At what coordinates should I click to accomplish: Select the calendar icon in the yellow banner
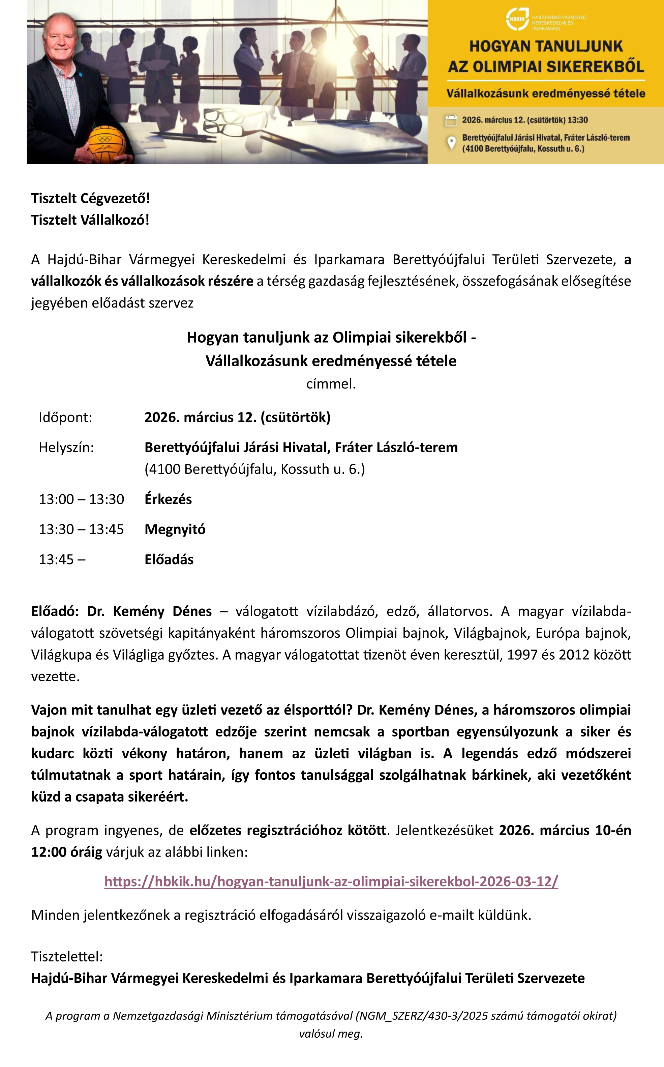(451, 120)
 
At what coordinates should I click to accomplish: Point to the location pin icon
(451, 143)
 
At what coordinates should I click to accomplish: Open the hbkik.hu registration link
(331, 881)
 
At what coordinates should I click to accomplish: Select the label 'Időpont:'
(65, 417)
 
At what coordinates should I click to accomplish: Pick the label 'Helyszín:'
(66, 447)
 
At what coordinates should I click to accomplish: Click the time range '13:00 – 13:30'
(81, 499)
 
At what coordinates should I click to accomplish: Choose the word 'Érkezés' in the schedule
(168, 499)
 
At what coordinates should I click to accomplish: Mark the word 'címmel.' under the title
(331, 383)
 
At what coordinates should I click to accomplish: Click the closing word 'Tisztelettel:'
(67, 956)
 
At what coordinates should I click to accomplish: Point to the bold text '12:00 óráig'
(66, 852)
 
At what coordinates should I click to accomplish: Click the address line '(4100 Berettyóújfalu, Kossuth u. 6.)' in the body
(255, 469)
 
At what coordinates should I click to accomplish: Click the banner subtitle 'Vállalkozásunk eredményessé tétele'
(545, 93)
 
